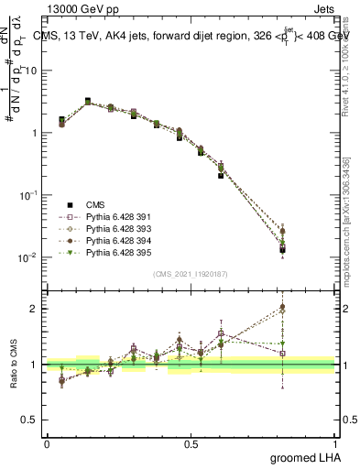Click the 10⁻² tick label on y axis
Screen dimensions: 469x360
(x=28, y=257)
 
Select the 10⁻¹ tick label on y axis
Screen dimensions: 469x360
(x=28, y=195)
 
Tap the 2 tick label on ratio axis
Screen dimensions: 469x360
(x=35, y=308)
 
